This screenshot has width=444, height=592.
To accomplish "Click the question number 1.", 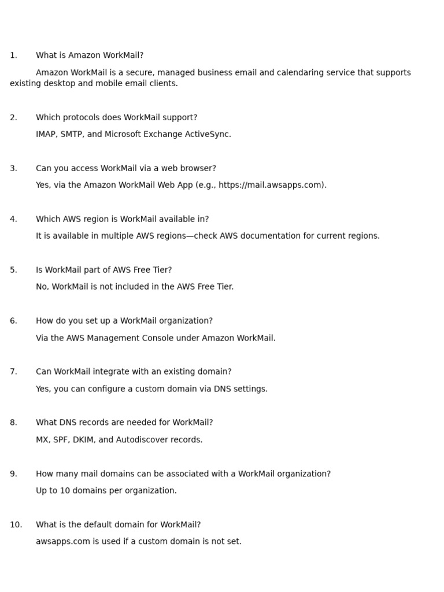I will pyautogui.click(x=13, y=55).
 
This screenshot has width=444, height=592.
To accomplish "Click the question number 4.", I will pyautogui.click(x=13, y=219).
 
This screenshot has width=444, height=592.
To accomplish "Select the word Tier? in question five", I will pyautogui.click(x=161, y=270).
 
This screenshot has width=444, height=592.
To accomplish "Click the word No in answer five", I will pyautogui.click(x=42, y=287).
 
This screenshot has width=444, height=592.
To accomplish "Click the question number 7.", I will pyautogui.click(x=13, y=372).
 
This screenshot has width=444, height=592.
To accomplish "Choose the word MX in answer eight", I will pyautogui.click(x=42, y=440).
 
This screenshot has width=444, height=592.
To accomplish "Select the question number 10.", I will pyautogui.click(x=16, y=525).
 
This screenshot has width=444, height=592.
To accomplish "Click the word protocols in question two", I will pyautogui.click(x=82, y=117).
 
